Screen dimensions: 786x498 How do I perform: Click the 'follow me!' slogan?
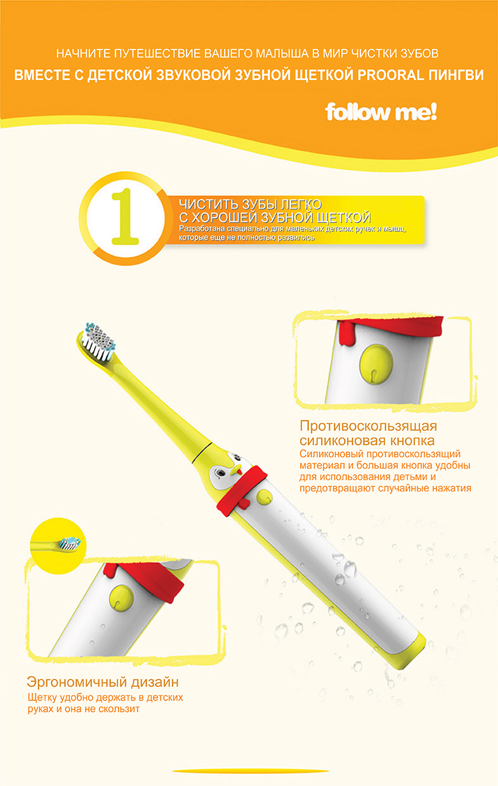coord(381,113)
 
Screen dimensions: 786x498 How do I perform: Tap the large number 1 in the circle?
coord(125,217)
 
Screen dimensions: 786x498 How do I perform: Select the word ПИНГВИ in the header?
coord(455,75)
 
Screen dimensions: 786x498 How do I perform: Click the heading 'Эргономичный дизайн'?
coord(102,682)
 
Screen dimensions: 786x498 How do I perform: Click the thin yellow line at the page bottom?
coord(249,771)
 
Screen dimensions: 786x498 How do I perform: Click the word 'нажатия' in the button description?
coord(444,488)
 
